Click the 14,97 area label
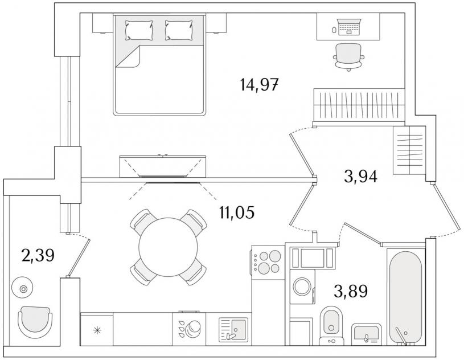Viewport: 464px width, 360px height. coord(260,85)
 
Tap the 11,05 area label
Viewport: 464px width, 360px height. coord(236,212)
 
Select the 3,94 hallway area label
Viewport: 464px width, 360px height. coord(360,177)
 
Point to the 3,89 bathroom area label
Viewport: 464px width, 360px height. coord(351,291)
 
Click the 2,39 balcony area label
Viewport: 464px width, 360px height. coord(38,256)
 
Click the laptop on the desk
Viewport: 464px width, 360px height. coord(349,27)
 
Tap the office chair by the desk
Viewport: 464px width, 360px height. coord(348,57)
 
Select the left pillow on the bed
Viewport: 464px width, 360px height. coord(139,30)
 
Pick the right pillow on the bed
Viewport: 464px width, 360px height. coord(179,30)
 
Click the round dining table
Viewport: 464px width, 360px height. coord(168,247)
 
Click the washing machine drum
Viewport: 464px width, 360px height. coord(302,287)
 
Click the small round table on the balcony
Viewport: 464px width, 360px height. coord(23,288)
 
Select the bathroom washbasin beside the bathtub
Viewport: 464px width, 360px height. coord(366,334)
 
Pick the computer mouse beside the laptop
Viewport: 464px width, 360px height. coord(334,30)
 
